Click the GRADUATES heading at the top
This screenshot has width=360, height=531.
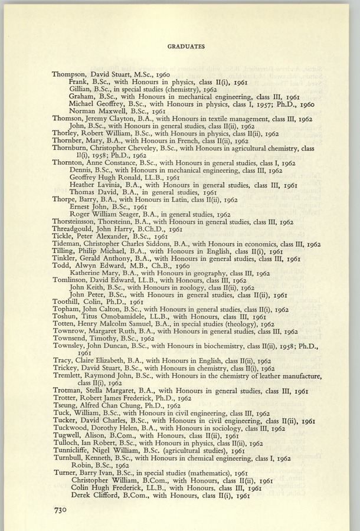(x=186, y=47)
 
